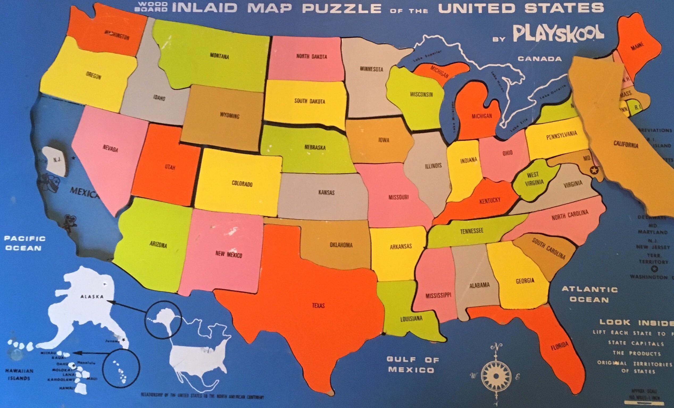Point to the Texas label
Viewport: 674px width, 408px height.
pos(318,305)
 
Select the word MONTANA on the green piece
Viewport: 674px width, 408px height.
pos(219,56)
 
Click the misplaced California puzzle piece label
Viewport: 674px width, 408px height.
pos(626,144)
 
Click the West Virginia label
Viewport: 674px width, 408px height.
pos(534,178)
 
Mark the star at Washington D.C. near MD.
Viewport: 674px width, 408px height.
pos(594,171)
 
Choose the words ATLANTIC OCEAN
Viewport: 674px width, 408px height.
pos(589,294)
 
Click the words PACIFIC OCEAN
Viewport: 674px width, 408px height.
pos(25,243)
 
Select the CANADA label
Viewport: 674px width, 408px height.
pos(539,59)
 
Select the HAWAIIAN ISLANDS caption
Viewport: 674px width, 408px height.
pos(19,375)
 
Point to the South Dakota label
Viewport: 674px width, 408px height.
pos(310,101)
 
